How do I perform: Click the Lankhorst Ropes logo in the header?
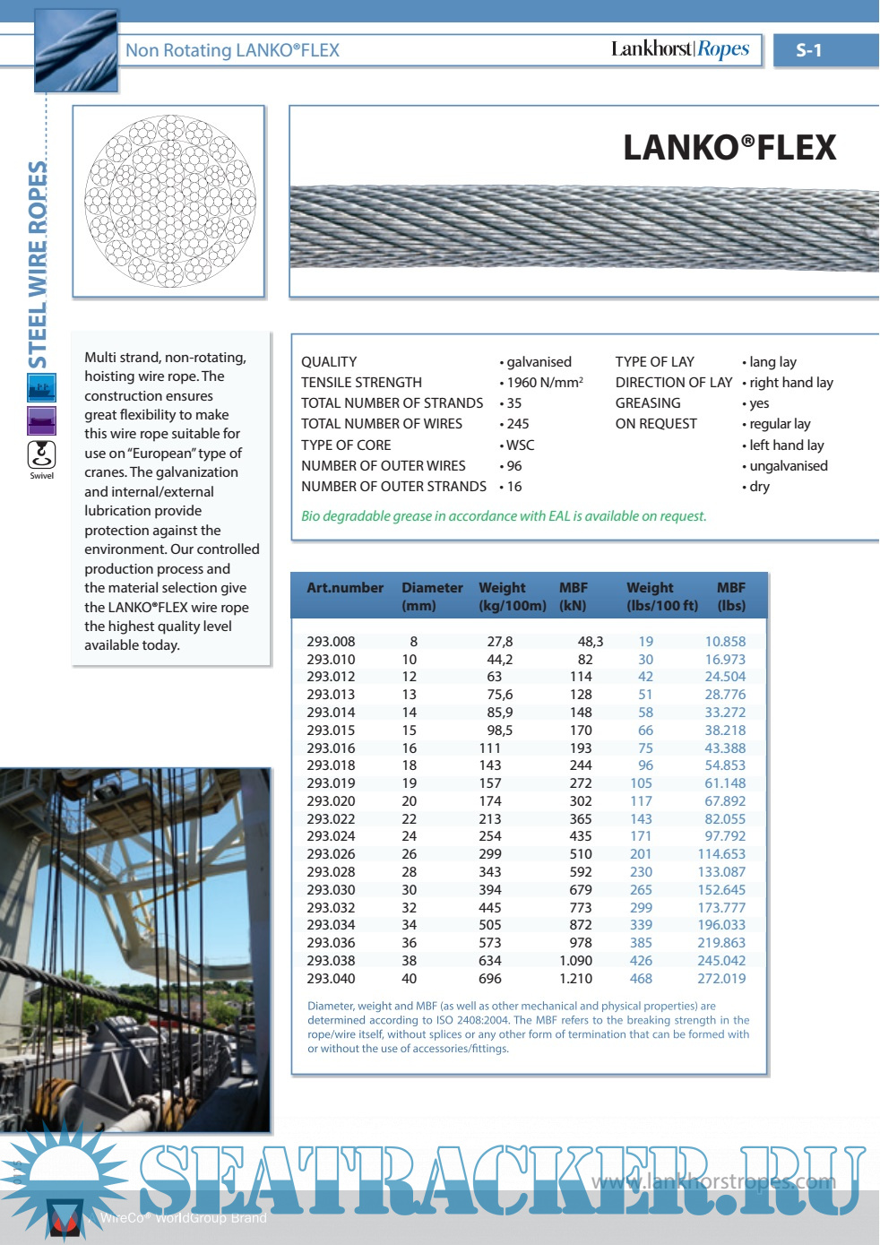tap(680, 49)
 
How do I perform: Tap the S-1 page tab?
tap(808, 51)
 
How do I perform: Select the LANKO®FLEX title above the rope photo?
tap(729, 148)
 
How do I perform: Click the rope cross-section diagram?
tap(169, 201)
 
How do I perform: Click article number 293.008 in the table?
tap(331, 642)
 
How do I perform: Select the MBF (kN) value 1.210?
tap(575, 979)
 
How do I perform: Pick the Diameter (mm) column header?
tap(432, 596)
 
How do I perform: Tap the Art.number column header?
tap(345, 588)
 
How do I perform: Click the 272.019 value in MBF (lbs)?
tap(721, 979)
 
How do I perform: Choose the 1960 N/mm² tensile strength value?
tap(544, 383)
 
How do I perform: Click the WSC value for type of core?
tap(520, 445)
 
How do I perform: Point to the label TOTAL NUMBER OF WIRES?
tap(382, 424)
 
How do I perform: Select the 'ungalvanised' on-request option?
tap(789, 466)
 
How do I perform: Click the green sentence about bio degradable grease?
tap(504, 516)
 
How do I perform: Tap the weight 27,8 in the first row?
tap(500, 642)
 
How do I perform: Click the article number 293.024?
tap(331, 836)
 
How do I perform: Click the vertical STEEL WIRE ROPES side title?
tap(39, 265)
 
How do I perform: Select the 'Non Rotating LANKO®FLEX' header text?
tap(232, 51)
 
